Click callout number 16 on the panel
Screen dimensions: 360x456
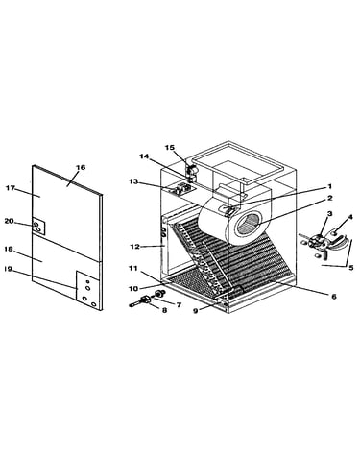(x=81, y=167)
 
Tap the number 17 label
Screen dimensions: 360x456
(x=11, y=188)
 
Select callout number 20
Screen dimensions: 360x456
(x=9, y=221)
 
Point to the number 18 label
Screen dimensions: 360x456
(x=9, y=249)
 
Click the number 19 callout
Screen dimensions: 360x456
(x=8, y=269)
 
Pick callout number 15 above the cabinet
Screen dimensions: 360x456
(x=170, y=148)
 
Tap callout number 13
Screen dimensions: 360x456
(x=133, y=181)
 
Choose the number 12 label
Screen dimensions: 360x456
(x=135, y=247)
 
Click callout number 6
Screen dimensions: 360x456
(x=334, y=297)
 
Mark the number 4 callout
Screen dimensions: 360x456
(x=350, y=217)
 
